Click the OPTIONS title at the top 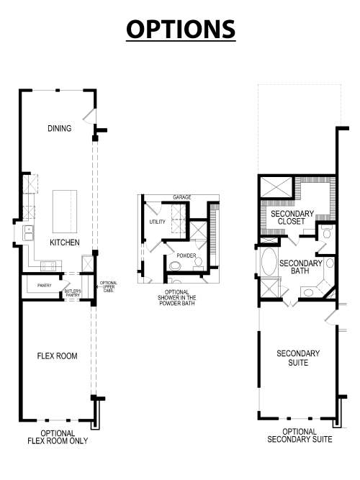tap(180, 29)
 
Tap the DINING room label tap(60, 129)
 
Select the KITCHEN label tap(64, 243)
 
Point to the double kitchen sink tap(29, 232)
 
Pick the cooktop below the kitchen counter tap(49, 266)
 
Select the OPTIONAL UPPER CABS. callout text tap(108, 287)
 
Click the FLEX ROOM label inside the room tap(57, 356)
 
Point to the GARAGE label tap(181, 197)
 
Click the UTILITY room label tap(157, 222)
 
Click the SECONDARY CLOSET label tap(292, 217)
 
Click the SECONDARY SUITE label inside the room tap(297, 358)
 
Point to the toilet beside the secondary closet tap(326, 232)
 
